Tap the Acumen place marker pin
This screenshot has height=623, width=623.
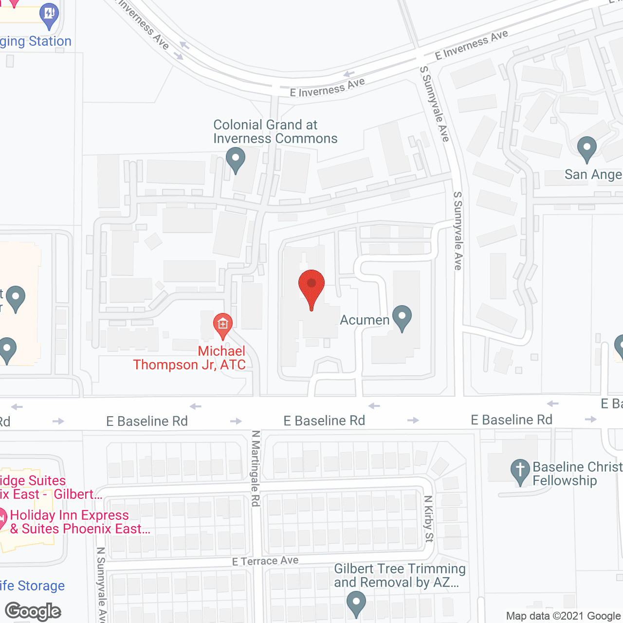click(402, 318)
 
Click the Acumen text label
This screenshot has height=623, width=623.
click(365, 320)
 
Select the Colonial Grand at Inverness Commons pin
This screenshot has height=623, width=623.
click(236, 160)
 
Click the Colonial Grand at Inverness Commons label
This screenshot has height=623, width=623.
click(275, 132)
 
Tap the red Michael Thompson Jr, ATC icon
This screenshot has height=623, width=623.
click(222, 325)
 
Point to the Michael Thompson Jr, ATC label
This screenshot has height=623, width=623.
click(190, 358)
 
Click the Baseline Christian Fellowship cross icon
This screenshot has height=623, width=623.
click(520, 472)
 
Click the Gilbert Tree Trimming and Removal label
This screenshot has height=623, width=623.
click(400, 575)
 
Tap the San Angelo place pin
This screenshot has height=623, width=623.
click(586, 148)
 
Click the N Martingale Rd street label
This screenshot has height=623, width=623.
click(256, 468)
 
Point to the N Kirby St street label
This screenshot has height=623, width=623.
click(428, 519)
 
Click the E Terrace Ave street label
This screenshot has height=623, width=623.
click(265, 561)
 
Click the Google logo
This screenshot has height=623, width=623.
click(33, 611)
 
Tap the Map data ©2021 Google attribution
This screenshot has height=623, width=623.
click(563, 616)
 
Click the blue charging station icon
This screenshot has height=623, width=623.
click(50, 14)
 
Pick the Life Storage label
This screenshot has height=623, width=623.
click(32, 586)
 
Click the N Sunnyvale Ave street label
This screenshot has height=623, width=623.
click(101, 584)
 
